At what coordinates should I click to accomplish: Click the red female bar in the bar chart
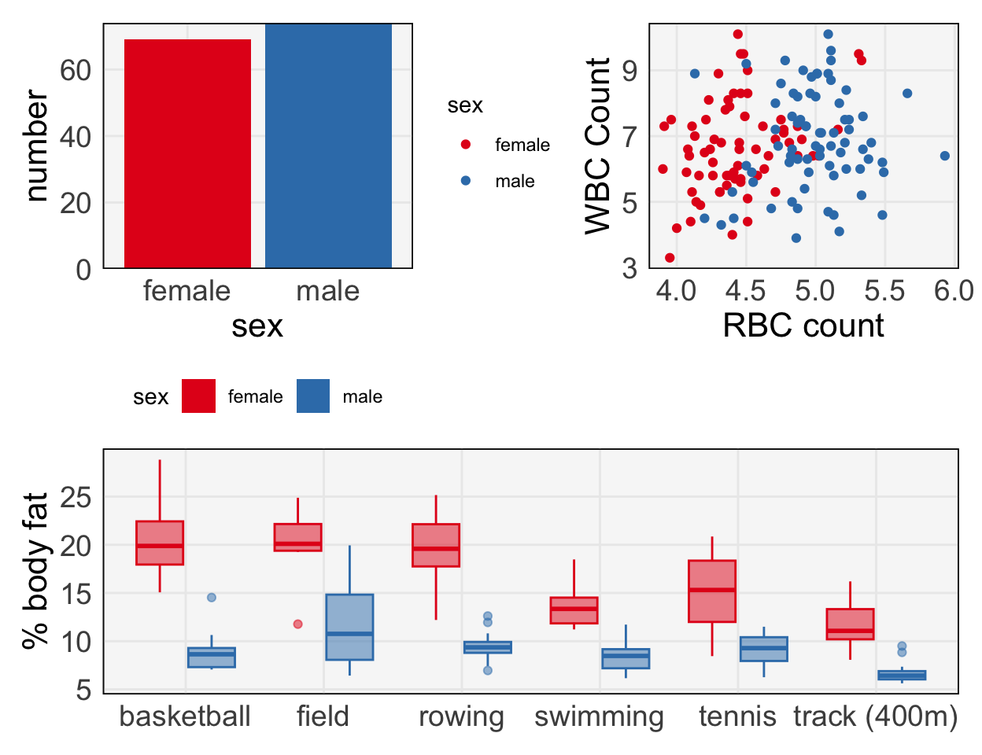click(x=187, y=153)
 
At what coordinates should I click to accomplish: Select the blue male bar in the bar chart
click(x=328, y=146)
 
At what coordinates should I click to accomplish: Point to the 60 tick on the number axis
click(x=76, y=70)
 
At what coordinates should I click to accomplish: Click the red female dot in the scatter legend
click(x=466, y=145)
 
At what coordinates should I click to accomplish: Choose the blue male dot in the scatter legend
click(x=466, y=181)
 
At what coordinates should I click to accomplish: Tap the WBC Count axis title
click(x=599, y=146)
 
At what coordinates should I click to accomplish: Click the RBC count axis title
click(x=803, y=326)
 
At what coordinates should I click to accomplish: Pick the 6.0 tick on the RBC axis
click(x=954, y=291)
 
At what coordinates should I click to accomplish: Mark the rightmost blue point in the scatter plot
click(x=945, y=156)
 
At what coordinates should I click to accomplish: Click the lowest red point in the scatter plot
click(x=670, y=258)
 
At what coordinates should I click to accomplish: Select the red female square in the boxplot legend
click(x=198, y=396)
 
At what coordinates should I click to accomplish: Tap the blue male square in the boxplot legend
click(x=313, y=396)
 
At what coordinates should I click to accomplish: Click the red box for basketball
click(x=160, y=543)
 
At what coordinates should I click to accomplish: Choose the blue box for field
click(x=349, y=627)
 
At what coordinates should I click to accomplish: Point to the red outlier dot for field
click(x=298, y=624)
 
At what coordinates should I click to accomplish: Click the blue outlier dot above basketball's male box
click(x=212, y=598)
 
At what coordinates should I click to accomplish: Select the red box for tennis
click(x=712, y=591)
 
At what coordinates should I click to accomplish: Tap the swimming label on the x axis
click(x=599, y=716)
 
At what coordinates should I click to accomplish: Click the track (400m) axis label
click(x=875, y=716)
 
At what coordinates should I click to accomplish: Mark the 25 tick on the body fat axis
click(x=76, y=497)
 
